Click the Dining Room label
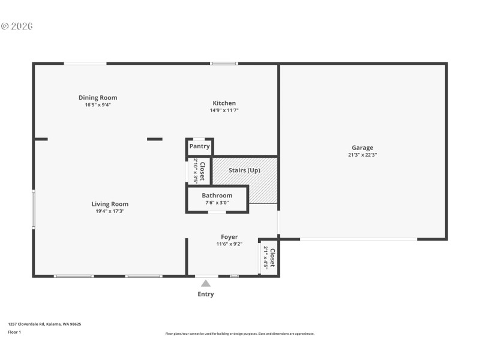pyautogui.click(x=98, y=98)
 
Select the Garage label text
pyautogui.click(x=362, y=148)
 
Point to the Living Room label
pyautogui.click(x=110, y=204)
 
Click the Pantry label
pyautogui.click(x=200, y=146)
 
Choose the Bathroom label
pyautogui.click(x=217, y=196)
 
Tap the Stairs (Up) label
pyautogui.click(x=244, y=170)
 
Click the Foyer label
pyautogui.click(x=229, y=237)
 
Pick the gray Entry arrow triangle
pyautogui.click(x=206, y=283)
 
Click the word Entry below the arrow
pyautogui.click(x=206, y=294)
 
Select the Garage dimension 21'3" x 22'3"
pyautogui.click(x=362, y=155)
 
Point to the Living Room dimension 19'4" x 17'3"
pyautogui.click(x=110, y=211)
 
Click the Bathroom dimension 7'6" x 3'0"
pyautogui.click(x=217, y=203)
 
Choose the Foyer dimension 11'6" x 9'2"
pyautogui.click(x=229, y=244)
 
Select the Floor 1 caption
pyautogui.click(x=14, y=332)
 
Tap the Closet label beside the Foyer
pyautogui.click(x=272, y=258)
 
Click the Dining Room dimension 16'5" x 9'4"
pyautogui.click(x=98, y=105)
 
